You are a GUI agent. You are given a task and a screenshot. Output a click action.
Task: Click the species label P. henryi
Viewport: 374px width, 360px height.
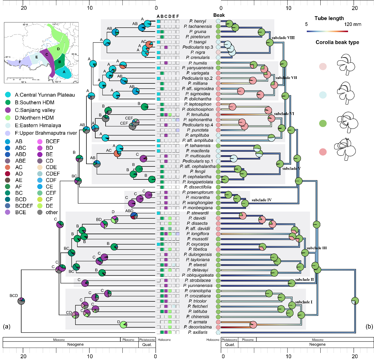tap(198, 21)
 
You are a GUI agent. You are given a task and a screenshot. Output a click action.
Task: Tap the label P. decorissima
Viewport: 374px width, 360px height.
tap(198, 327)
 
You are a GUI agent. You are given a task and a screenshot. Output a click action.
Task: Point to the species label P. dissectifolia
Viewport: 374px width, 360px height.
tap(198, 187)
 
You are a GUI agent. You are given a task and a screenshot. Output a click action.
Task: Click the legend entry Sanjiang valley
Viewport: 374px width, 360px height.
tap(35, 110)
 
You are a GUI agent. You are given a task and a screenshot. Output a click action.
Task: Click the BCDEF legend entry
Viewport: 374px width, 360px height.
tap(24, 206)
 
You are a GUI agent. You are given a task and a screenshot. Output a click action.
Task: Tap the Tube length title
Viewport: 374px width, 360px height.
tap(329, 18)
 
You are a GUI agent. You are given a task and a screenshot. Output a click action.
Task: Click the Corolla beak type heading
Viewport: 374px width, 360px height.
tap(337, 42)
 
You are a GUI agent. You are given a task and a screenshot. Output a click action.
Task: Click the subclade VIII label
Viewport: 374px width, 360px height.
tap(283, 38)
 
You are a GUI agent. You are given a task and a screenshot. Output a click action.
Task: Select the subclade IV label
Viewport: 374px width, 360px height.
tap(262, 200)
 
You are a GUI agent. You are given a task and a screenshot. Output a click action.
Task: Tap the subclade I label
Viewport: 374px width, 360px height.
tap(304, 302)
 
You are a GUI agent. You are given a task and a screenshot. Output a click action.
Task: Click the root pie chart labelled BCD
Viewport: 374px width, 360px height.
tap(21, 301)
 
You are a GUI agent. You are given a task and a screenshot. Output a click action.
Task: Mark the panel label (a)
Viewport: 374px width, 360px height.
tap(6, 326)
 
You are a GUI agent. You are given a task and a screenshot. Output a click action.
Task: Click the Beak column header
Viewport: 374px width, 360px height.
tap(219, 15)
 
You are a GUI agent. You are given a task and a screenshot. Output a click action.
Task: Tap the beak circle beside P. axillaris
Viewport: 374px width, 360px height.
tap(218, 332)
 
